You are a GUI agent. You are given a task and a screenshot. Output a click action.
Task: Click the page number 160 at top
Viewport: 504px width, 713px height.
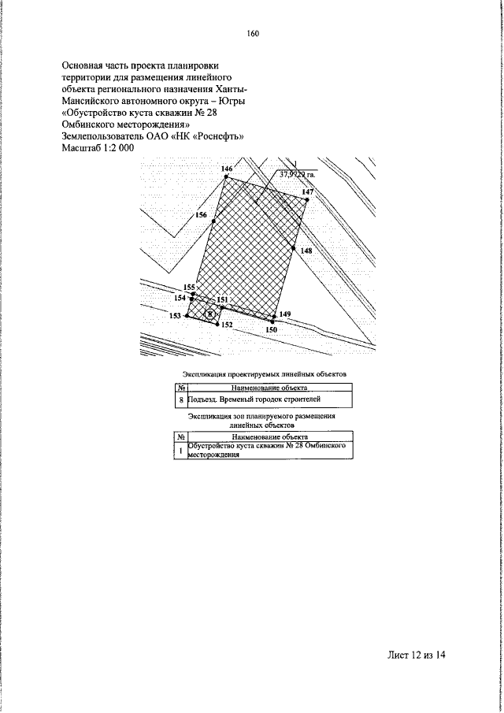(x=253, y=33)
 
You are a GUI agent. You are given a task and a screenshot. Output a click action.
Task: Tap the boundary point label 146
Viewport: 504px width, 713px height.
(x=228, y=169)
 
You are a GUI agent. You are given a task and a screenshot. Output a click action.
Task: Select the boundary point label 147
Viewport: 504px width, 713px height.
(x=307, y=192)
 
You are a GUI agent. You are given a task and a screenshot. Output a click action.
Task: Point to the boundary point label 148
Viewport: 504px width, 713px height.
(x=306, y=251)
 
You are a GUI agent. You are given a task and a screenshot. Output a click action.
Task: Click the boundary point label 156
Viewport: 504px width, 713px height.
(x=201, y=215)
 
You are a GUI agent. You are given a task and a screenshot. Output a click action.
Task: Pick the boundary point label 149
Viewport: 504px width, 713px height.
(x=285, y=314)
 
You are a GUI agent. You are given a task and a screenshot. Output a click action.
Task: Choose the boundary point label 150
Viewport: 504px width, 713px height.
(x=271, y=329)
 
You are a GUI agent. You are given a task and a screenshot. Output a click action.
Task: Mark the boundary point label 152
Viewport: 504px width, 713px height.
(x=227, y=325)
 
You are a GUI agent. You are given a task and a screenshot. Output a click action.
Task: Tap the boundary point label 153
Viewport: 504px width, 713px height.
(x=176, y=315)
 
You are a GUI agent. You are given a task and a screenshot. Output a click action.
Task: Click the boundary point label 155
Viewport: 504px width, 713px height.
(x=188, y=288)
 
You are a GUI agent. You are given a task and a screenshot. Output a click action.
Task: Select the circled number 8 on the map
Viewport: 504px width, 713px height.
(x=209, y=313)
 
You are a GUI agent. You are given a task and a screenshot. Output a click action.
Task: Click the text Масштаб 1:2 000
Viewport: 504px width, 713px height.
(x=98, y=147)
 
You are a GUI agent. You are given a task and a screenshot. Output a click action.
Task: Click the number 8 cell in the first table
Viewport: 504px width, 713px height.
(x=181, y=400)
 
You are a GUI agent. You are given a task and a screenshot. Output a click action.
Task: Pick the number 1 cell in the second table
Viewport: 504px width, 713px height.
(x=180, y=451)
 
